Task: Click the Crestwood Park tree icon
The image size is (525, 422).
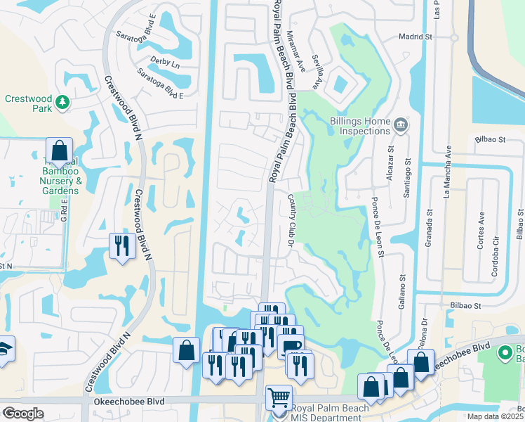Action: (62, 103)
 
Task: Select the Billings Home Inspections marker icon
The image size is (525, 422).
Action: (401, 126)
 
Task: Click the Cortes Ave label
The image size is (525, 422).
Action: (481, 229)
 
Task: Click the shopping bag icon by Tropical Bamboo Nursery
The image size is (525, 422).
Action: (59, 151)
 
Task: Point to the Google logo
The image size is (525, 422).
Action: (22, 414)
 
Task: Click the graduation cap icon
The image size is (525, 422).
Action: (4, 349)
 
